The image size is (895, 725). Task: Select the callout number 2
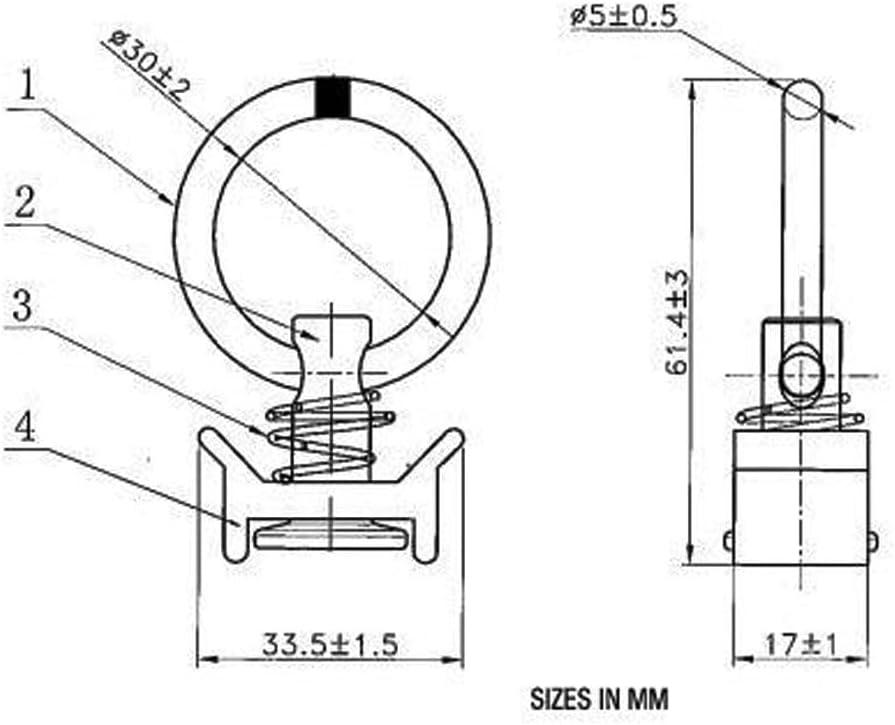click(x=23, y=202)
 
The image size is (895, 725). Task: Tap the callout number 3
click(x=23, y=306)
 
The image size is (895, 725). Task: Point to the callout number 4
click(x=24, y=427)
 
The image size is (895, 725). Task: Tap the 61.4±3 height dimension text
click(x=679, y=323)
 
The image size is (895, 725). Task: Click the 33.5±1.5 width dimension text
click(x=329, y=645)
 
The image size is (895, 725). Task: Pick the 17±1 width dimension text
click(x=800, y=645)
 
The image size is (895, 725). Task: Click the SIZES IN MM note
click(x=599, y=699)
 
